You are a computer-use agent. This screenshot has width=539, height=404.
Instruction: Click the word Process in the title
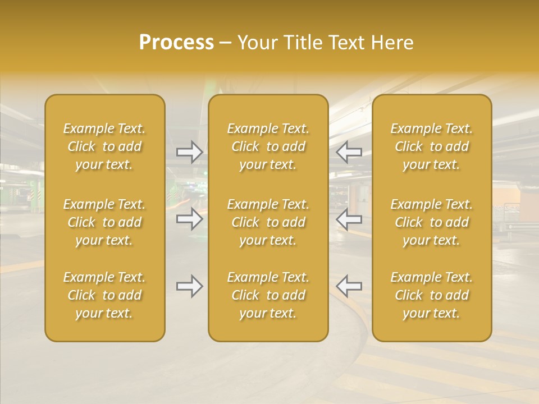point(176,43)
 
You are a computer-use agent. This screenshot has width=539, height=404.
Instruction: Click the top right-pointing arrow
point(189,152)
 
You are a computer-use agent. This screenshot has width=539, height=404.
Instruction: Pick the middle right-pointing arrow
point(189,219)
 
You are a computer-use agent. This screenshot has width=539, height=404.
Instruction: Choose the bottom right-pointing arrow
point(189,286)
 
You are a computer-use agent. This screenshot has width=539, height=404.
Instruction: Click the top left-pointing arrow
point(349,152)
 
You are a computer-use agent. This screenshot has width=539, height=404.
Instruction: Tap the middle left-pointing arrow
point(349,219)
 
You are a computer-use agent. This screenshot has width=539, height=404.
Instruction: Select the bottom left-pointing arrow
point(349,286)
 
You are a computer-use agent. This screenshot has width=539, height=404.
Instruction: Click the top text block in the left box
point(104,146)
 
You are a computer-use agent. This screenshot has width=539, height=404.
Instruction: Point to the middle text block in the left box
point(104,222)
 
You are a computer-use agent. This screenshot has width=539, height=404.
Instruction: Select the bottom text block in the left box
point(104,295)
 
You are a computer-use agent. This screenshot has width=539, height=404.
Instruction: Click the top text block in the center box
point(268,146)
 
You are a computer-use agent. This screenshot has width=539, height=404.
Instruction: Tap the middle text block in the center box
point(268,222)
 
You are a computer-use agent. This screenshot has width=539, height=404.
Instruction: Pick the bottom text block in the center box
point(268,295)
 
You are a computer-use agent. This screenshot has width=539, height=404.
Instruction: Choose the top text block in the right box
point(431,146)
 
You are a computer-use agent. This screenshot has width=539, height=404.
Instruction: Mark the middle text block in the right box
point(431,222)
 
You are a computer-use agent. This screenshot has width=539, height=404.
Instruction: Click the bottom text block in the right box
point(431,295)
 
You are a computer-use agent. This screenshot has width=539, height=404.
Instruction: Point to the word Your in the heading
point(257,43)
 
